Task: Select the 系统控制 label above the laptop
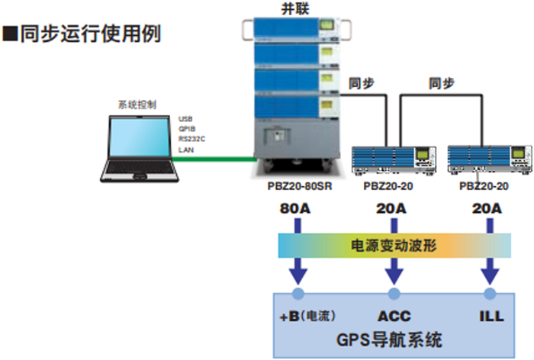point(137,105)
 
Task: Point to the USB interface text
point(185,119)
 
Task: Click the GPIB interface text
point(186,130)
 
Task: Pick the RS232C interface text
point(192,140)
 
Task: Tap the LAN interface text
point(185,150)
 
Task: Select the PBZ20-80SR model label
point(296,185)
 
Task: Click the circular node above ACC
point(394,293)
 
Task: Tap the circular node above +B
point(298,293)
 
